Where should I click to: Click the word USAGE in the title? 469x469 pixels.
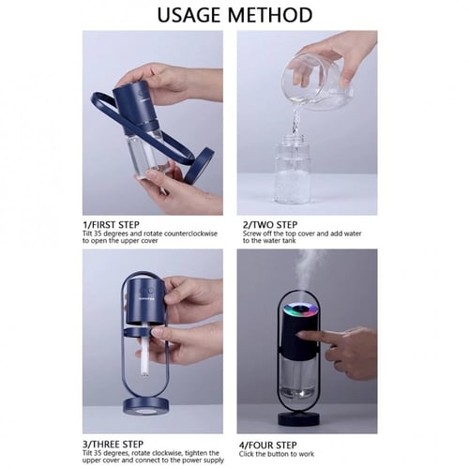[x=189, y=15]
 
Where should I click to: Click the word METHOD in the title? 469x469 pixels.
[x=270, y=15]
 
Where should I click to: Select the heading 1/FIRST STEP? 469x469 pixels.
[x=111, y=225]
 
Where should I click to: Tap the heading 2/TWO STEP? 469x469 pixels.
[x=270, y=225]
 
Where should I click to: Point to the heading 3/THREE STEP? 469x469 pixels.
[x=113, y=445]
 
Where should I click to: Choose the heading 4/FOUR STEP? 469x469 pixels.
[x=268, y=445]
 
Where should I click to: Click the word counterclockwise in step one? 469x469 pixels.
[x=190, y=234]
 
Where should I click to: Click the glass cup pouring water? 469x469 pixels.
[x=316, y=82]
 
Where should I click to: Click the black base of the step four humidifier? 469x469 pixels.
[x=299, y=417]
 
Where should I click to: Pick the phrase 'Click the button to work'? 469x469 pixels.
[x=277, y=454]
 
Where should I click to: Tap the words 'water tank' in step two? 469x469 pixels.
[x=280, y=240]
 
